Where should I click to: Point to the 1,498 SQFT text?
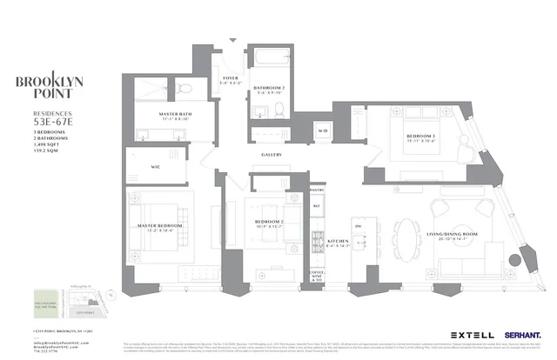pos(32,145)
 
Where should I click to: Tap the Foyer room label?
pos(230,77)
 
